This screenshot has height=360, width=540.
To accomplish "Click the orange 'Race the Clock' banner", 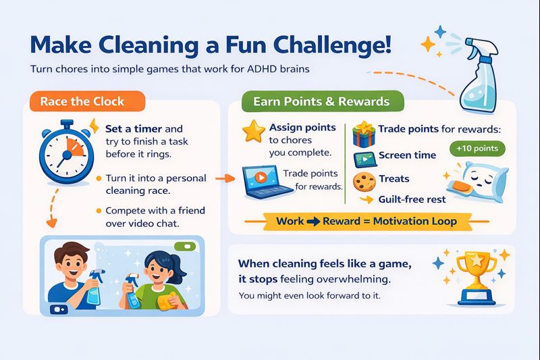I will (x=82, y=101).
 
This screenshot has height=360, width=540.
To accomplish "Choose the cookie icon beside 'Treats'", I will (x=366, y=180).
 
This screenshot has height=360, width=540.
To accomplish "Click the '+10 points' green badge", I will (x=477, y=148).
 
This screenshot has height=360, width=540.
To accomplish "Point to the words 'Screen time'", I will (x=407, y=155).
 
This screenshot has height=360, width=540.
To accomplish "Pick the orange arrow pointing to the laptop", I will (x=220, y=179).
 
